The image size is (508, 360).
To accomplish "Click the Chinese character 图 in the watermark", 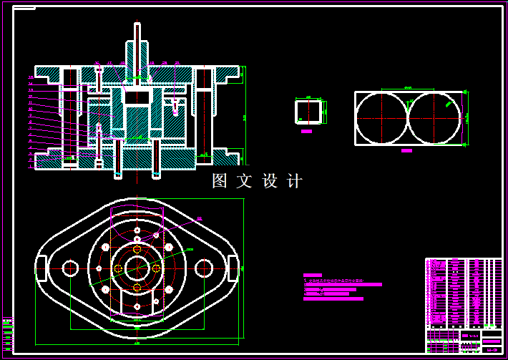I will click(x=219, y=181).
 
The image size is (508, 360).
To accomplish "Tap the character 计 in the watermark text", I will click(x=294, y=181).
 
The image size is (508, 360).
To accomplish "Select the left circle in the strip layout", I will click(x=381, y=118).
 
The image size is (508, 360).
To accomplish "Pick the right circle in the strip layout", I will click(x=434, y=118).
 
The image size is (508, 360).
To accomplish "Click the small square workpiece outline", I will click(x=309, y=112).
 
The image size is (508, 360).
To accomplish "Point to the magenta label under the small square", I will click(x=307, y=132).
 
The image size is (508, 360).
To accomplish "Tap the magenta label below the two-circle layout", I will click(x=406, y=151).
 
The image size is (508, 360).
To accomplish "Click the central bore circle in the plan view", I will click(x=137, y=268).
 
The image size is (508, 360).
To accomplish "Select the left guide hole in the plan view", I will click(x=69, y=268).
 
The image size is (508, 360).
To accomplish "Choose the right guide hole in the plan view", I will click(x=204, y=268).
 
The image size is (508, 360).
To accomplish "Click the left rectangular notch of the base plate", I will click(x=41, y=268).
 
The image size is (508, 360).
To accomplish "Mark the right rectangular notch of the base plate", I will click(x=233, y=268).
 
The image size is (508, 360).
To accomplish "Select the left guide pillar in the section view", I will click(x=69, y=118).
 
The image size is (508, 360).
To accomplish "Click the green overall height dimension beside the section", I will click(x=244, y=118).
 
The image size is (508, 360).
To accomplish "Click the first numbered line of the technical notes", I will click(x=336, y=281).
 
